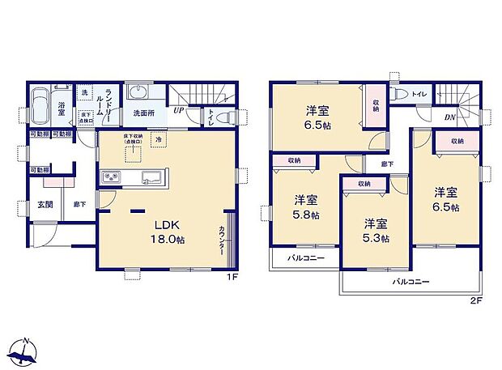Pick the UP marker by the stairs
point(177,111)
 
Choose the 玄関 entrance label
point(45,206)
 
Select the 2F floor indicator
point(476,301)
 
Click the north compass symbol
point(28,351)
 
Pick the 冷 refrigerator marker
point(159,141)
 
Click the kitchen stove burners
point(111,178)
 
